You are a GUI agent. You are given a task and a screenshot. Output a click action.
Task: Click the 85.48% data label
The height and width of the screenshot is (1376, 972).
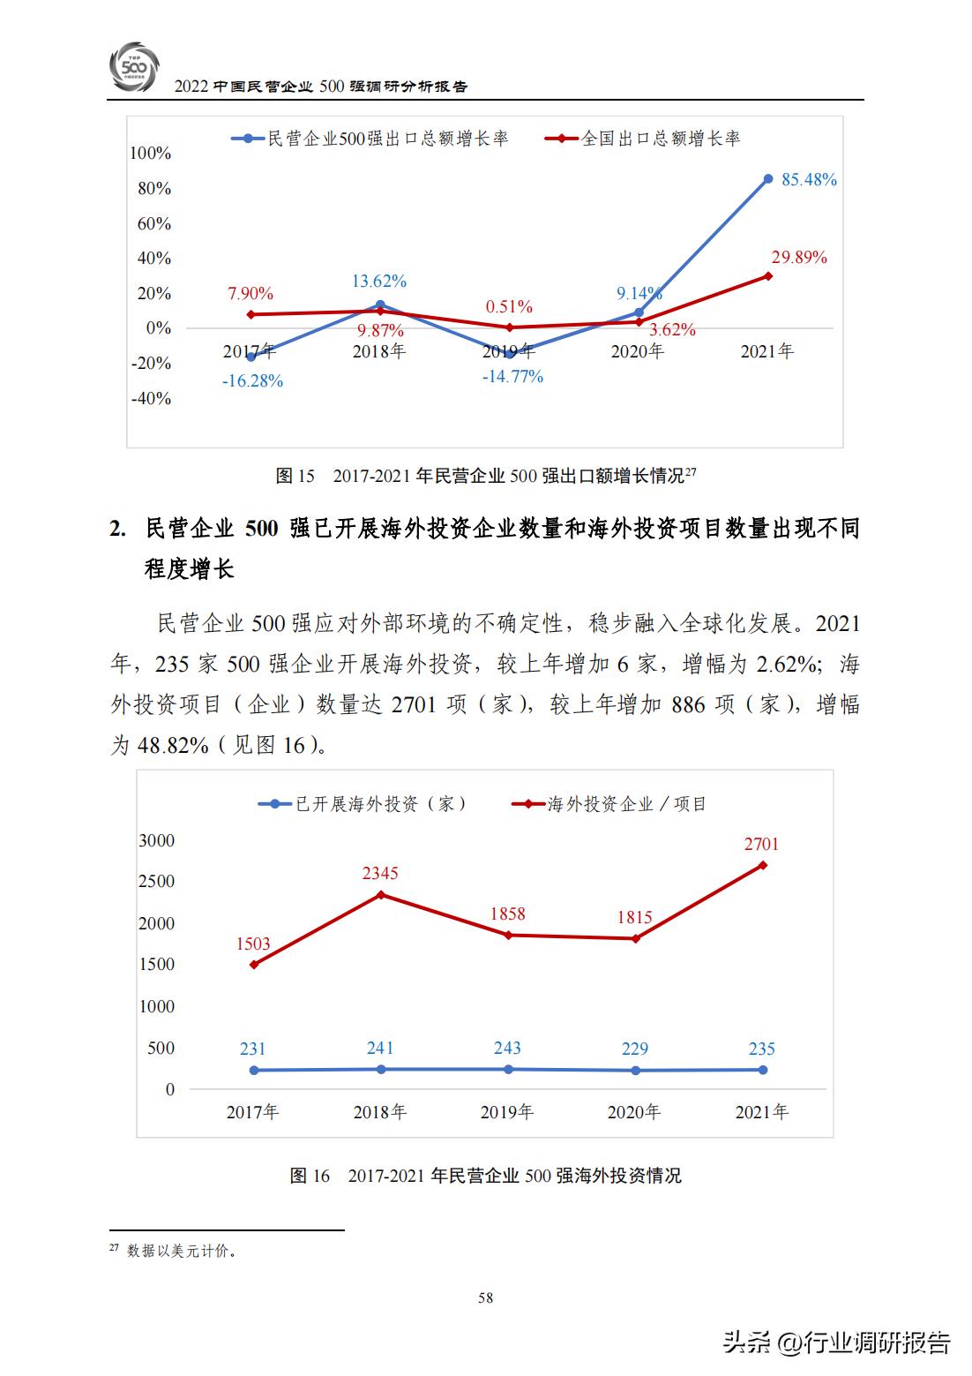809,180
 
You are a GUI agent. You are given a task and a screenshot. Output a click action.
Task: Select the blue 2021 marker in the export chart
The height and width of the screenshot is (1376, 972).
768,179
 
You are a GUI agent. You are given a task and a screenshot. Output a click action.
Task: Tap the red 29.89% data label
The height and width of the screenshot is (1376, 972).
799,258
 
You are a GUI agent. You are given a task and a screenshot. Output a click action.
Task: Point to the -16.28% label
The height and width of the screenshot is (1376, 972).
253,381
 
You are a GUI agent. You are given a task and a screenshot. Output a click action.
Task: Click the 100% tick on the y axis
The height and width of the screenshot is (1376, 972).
150,154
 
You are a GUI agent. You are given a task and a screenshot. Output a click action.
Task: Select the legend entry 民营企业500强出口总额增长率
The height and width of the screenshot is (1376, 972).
387,139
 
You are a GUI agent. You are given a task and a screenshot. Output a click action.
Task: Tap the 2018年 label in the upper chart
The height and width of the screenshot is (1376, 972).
379,351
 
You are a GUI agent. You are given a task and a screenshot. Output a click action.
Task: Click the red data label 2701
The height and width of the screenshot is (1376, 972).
761,844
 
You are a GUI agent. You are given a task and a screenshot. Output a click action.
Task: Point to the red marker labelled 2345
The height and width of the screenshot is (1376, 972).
380,895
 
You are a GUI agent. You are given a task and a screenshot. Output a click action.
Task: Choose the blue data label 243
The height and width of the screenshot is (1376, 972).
507,1048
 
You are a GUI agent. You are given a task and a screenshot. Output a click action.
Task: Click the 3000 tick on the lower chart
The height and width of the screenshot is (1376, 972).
157,840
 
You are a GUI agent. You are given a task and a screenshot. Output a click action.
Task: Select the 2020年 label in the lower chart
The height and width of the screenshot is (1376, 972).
634,1112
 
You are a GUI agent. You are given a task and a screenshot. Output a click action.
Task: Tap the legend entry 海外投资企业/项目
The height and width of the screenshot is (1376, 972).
627,804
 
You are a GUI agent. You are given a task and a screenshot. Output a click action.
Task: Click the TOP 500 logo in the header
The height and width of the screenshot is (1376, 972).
135,66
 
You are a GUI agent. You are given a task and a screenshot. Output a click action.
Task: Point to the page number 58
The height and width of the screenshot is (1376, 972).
485,1297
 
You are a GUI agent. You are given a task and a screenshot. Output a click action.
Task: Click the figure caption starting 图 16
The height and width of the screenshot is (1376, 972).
485,1176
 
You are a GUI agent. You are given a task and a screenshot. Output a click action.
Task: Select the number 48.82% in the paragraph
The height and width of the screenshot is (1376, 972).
173,745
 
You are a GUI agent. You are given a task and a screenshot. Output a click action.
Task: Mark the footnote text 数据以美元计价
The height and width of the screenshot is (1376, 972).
182,1251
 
